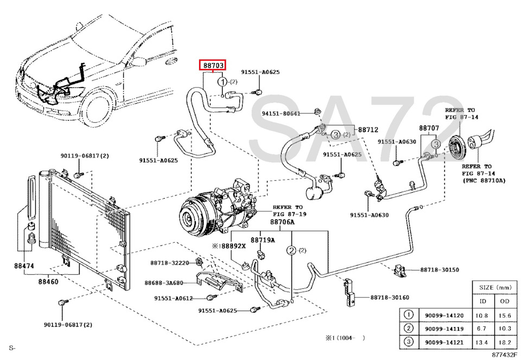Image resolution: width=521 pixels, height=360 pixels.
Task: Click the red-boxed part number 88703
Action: coord(214,66)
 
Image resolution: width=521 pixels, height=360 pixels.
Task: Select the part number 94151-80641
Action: coord(281,113)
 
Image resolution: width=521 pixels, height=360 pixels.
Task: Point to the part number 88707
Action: coord(428,129)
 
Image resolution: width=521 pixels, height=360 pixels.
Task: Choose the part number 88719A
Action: coord(262,240)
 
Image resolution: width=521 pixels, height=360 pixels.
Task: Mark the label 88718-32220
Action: coord(169,263)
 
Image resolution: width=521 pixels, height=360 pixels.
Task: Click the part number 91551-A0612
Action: coord(173,298)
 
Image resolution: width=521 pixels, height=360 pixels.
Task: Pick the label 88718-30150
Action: coord(439,270)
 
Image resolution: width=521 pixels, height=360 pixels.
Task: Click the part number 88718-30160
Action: coord(390,297)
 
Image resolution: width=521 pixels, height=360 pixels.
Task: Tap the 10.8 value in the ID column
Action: coord(480,314)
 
